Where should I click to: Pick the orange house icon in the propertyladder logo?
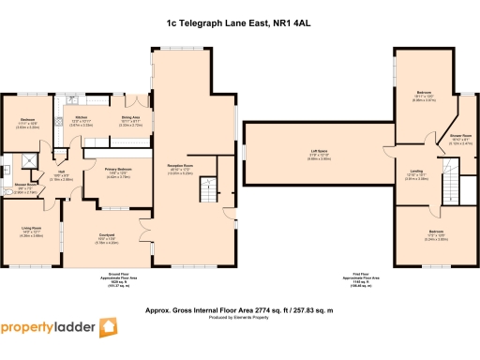110,328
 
